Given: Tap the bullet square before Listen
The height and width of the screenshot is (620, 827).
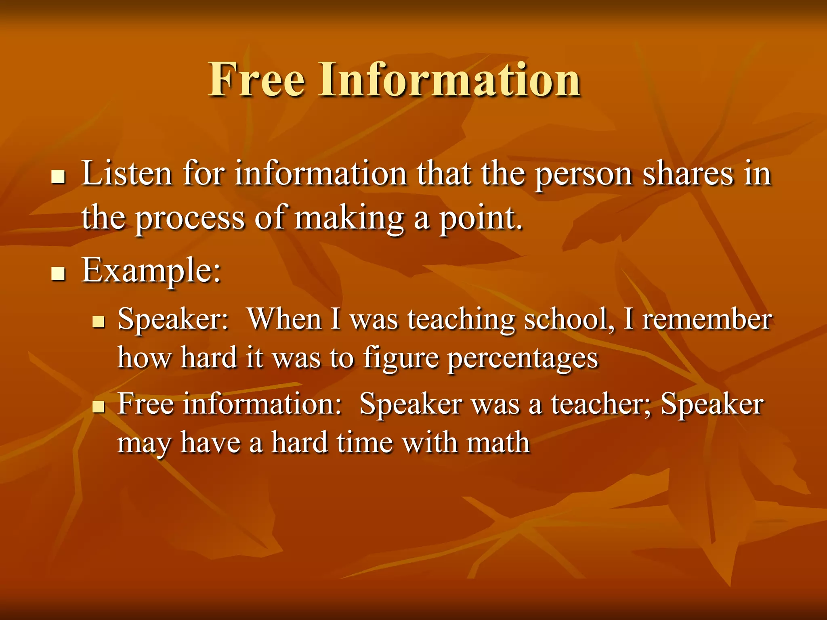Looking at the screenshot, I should pyautogui.click(x=59, y=177).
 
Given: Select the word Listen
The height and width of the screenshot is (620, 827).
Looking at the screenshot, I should pyautogui.click(x=127, y=174).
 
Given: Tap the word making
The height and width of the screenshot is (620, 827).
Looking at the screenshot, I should pyautogui.click(x=349, y=219).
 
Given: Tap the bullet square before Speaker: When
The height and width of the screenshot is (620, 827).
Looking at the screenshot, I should pyautogui.click(x=98, y=322).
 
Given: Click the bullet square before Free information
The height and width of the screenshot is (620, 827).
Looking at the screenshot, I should pyautogui.click(x=98, y=406).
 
